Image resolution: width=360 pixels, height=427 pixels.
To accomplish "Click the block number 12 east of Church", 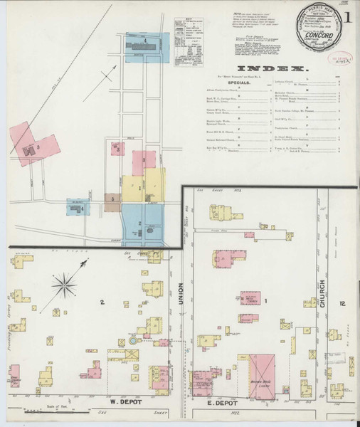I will click(x=344, y=304).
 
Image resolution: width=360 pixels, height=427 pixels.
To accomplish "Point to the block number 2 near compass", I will click(x=102, y=304).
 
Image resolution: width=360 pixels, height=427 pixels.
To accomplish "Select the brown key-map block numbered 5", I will click(x=112, y=200).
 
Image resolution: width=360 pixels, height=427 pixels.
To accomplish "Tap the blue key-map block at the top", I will click(x=146, y=50).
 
